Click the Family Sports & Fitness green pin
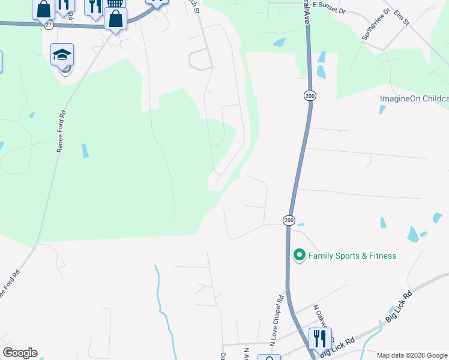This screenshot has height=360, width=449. coord(298,256)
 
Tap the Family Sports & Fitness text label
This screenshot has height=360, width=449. coord(352,256)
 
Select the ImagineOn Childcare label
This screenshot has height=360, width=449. coord(414,98)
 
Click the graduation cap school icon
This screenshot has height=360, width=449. coord(62,55)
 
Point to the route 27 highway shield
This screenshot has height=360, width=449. coord(48,25)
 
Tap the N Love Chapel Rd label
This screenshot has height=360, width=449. coord(277,320)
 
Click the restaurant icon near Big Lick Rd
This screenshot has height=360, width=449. coord(319,338)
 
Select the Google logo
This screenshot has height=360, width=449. coord(20,353)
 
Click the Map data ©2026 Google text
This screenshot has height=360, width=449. coord(412,355)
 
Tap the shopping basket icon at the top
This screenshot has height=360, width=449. coord(115,3)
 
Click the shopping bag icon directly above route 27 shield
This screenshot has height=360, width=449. coord(43,8)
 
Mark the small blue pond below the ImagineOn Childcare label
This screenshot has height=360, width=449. coord(382,109)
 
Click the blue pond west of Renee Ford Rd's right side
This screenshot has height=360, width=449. coord(85,150)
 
